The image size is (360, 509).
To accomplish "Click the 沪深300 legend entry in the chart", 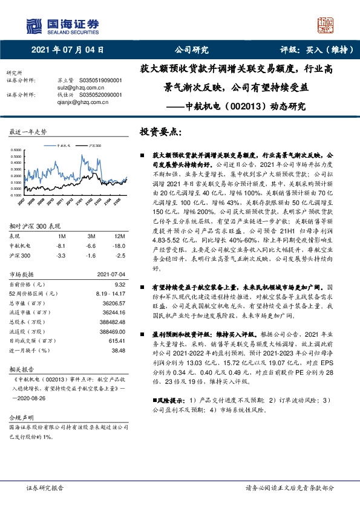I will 93,146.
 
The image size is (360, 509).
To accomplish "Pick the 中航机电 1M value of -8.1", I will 60,229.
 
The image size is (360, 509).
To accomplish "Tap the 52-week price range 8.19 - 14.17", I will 110,275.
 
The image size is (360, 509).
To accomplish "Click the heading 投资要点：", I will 160,131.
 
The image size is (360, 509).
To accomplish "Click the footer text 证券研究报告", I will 45,487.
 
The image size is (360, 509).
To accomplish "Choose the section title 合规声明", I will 19,418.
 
